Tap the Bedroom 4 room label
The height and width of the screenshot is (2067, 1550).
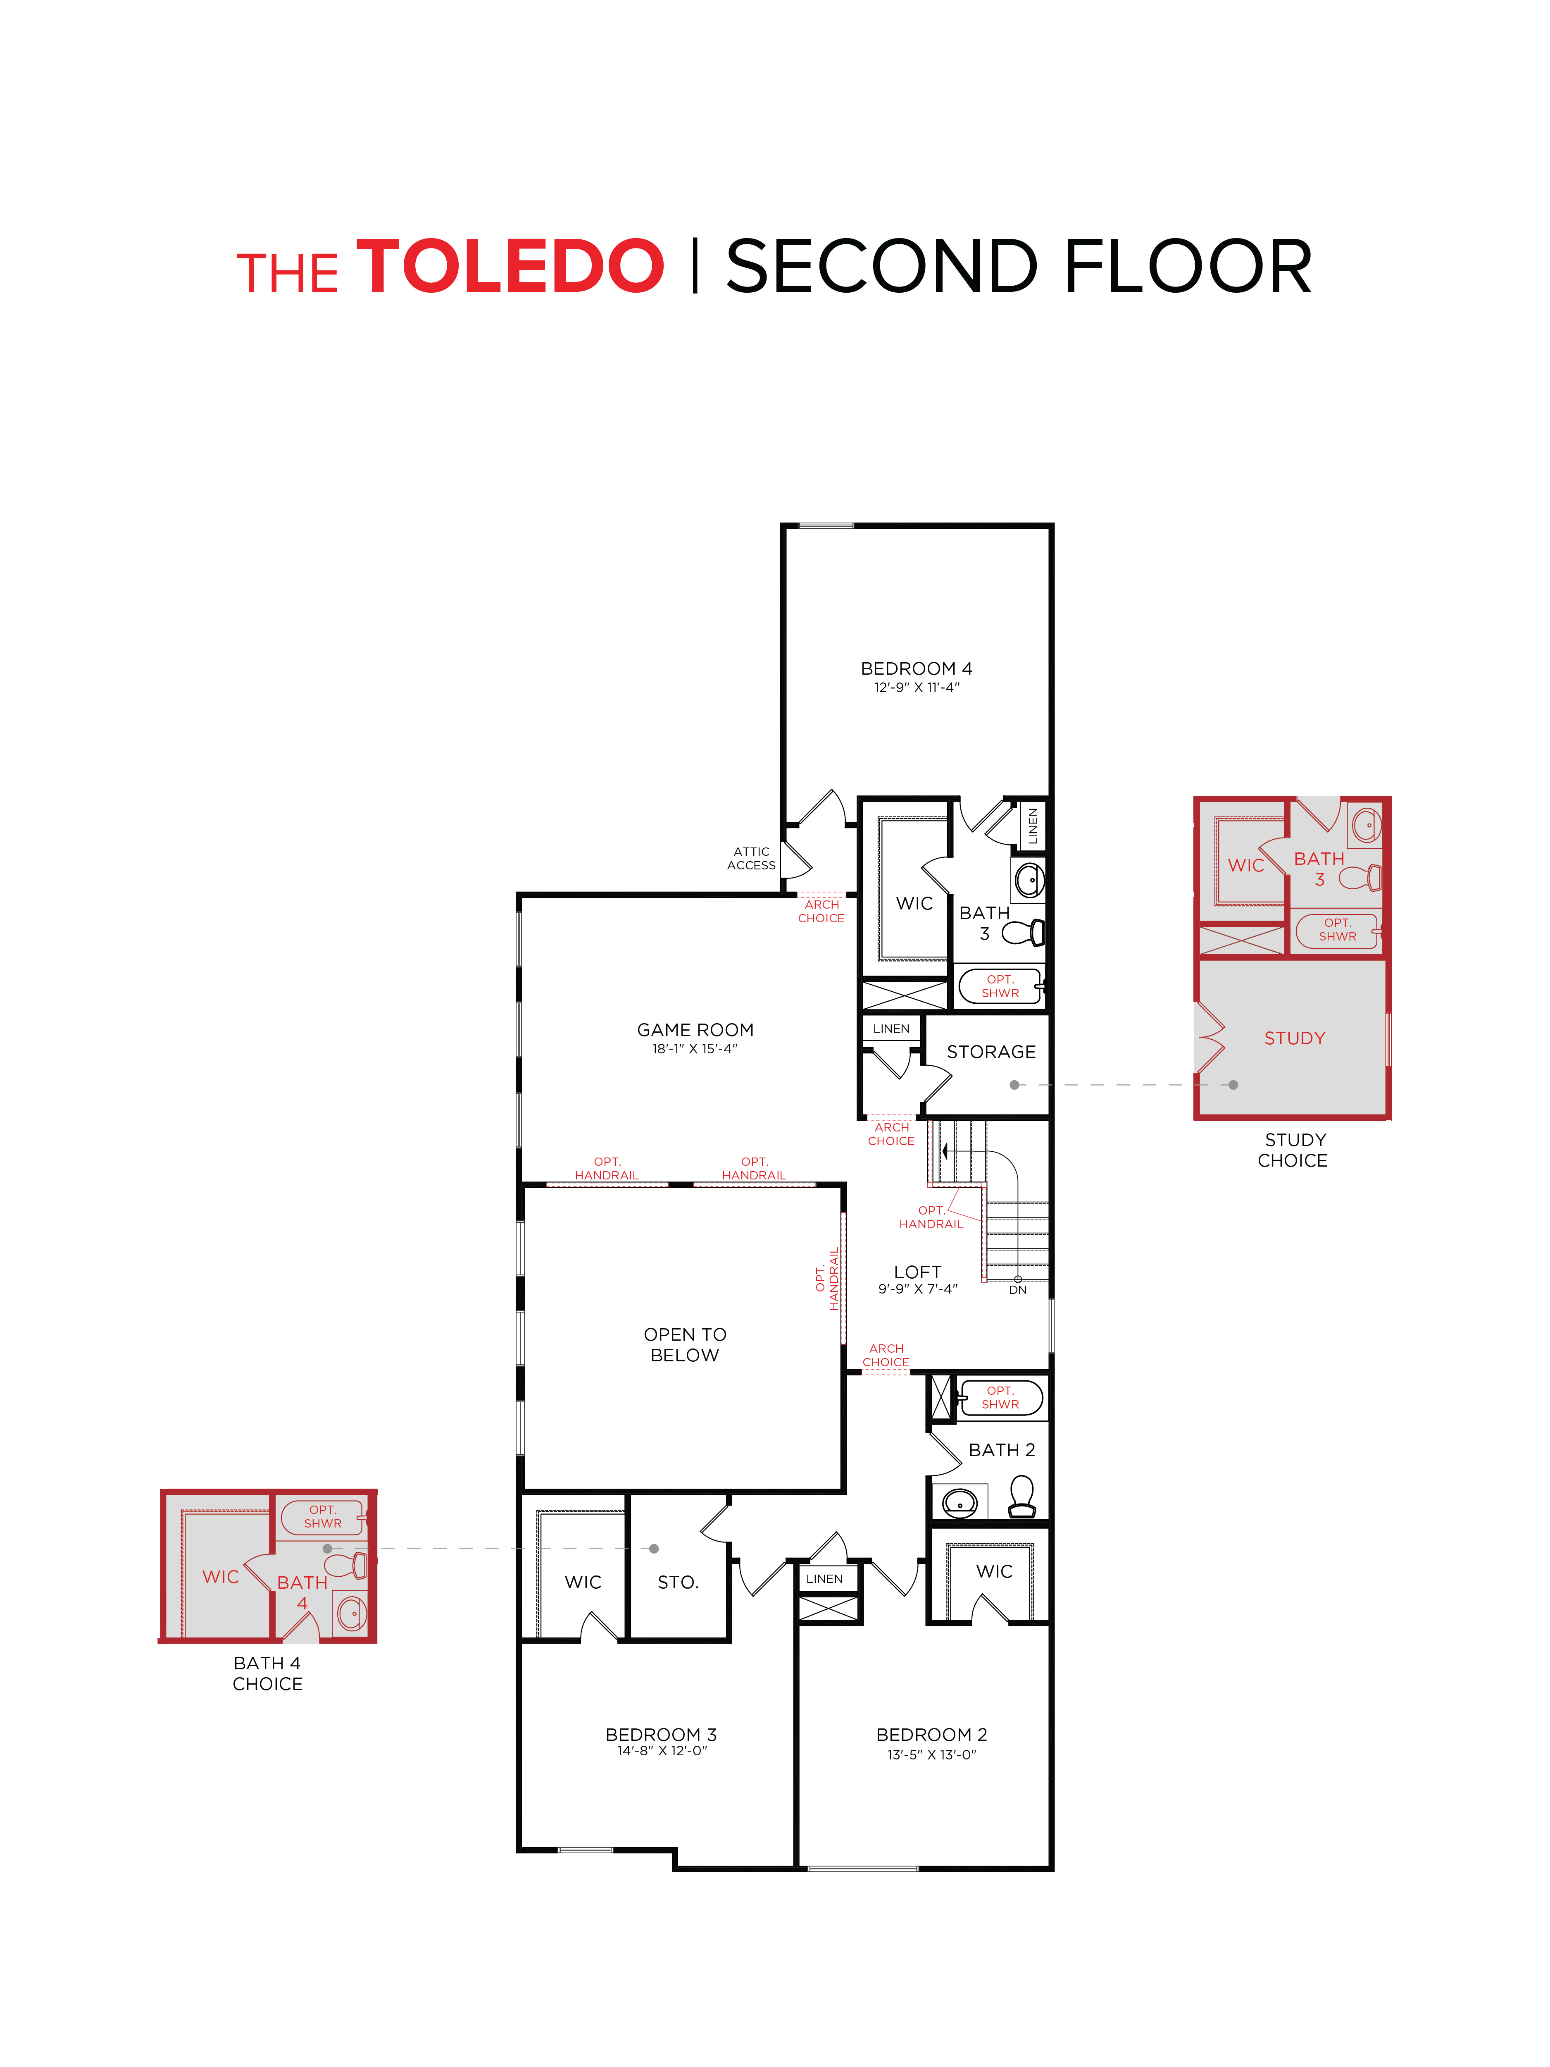(x=916, y=668)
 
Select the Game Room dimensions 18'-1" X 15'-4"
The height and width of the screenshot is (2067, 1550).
(x=694, y=1048)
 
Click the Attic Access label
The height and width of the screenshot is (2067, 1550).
(x=751, y=858)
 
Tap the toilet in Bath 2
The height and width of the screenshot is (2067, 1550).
(x=1021, y=1495)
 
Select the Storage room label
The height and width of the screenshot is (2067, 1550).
(x=990, y=1051)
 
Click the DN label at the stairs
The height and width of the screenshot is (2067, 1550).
(x=1017, y=1289)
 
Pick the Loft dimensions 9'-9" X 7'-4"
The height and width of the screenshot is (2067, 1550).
(x=917, y=1289)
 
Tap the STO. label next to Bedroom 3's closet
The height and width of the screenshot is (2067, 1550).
(x=677, y=1582)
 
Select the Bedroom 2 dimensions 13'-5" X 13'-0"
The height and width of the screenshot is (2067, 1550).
(x=931, y=1755)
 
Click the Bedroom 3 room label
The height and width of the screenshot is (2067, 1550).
(x=661, y=1734)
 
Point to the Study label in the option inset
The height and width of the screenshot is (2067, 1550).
(x=1294, y=1038)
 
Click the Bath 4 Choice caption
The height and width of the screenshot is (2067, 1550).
(x=267, y=1673)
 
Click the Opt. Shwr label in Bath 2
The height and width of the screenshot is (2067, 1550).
(x=1000, y=1397)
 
